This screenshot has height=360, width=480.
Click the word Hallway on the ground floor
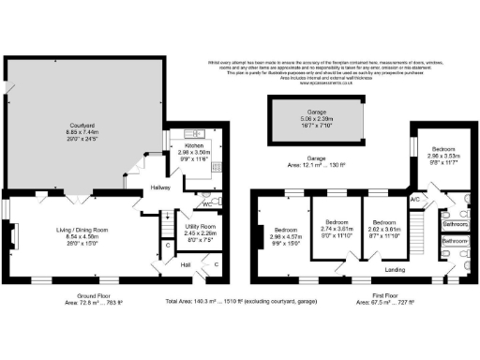point(153,187)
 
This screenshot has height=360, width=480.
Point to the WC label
point(204,203)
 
